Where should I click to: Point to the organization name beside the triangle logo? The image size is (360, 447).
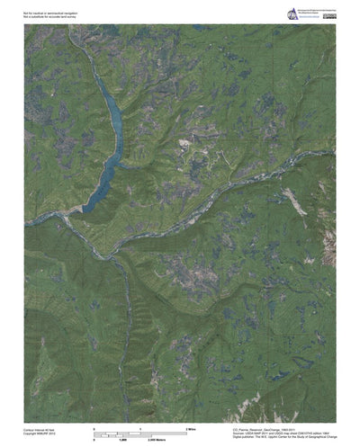pos(310,11)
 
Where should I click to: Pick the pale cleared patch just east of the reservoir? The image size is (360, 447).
pos(185,143)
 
